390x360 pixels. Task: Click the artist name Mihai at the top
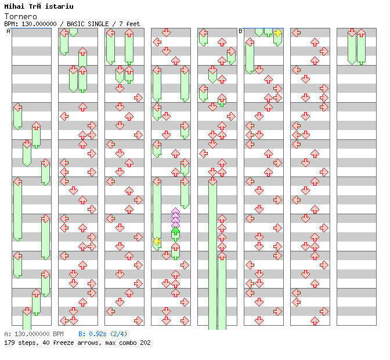click(x=15, y=6)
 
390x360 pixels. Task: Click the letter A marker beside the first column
click(x=9, y=31)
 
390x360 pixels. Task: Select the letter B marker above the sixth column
click(x=240, y=31)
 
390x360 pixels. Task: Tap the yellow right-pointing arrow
click(x=277, y=33)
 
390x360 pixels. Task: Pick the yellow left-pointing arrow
click(x=157, y=241)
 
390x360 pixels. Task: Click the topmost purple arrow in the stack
click(x=175, y=211)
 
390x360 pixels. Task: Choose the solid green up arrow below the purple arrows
click(x=175, y=233)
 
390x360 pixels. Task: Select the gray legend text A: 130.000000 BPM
click(x=33, y=334)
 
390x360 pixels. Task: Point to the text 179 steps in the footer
click(x=18, y=343)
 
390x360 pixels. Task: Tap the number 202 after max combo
click(x=145, y=343)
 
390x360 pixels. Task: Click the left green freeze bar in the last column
click(x=352, y=48)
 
